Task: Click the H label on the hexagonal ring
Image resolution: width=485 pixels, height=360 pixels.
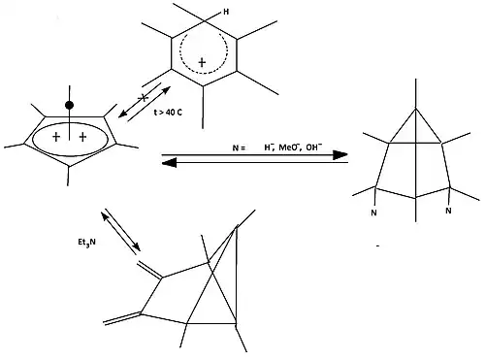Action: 226,12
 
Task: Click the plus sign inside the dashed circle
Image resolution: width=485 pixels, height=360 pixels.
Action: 202,62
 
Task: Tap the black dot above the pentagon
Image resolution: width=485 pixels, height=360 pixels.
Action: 69,105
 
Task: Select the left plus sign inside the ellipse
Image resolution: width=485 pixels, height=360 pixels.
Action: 56,137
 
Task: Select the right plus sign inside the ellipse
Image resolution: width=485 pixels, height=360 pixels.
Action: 82,137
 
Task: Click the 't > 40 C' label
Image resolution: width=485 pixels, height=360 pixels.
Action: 168,113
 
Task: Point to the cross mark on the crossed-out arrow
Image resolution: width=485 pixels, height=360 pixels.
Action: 144,97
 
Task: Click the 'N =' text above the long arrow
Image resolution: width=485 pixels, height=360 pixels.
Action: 239,148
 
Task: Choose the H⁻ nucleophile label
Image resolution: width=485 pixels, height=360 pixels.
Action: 268,147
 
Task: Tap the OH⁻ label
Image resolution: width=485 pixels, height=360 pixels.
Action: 313,147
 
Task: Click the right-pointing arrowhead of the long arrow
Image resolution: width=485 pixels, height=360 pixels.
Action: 340,155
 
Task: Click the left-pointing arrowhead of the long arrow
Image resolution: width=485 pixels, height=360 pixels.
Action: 169,163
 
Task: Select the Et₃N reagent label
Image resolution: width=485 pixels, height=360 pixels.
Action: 86,243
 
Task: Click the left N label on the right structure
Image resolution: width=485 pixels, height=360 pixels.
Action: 373,213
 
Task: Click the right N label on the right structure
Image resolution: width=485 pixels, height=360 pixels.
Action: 448,211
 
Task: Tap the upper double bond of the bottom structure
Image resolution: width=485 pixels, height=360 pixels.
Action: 149,270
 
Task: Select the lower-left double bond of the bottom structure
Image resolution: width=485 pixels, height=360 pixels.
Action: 122,318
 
